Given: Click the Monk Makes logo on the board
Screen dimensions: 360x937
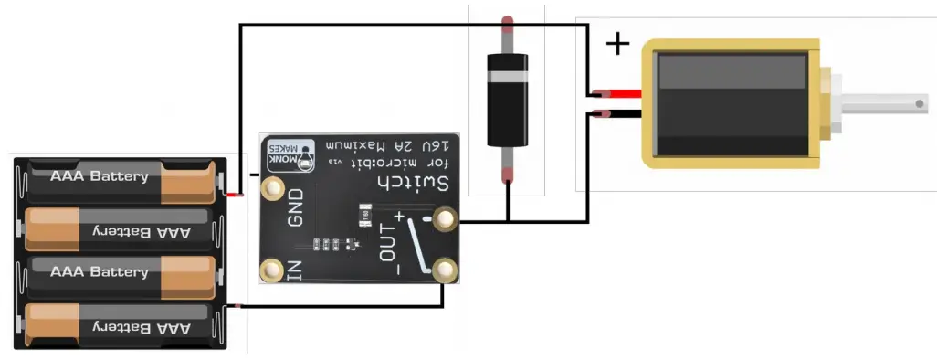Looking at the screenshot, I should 290,154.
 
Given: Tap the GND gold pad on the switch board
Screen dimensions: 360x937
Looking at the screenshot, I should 272,189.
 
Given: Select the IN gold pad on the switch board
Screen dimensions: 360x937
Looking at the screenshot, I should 271,270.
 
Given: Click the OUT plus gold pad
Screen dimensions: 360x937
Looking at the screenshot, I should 445,219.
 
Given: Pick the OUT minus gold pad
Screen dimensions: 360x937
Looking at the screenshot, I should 445,270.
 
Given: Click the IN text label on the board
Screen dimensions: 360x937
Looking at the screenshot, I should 294,270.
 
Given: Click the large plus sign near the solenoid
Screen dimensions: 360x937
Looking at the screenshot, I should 618,43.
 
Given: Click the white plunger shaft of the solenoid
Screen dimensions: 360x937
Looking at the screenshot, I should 886,104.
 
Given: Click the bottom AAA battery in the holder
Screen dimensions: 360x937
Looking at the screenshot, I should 122,326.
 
